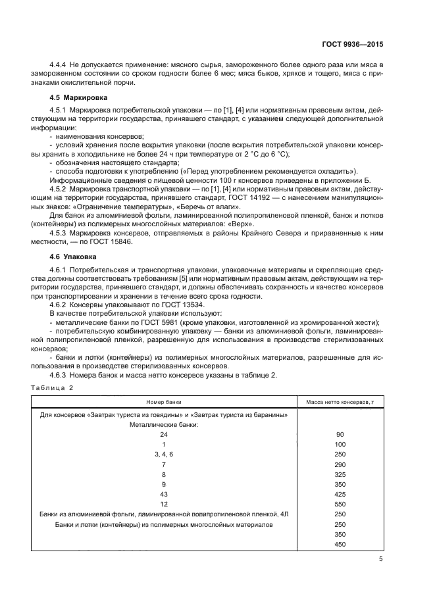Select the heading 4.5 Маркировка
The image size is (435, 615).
click(x=72, y=97)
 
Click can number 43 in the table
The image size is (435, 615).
click(x=165, y=493)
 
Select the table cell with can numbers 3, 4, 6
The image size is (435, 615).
click(x=164, y=455)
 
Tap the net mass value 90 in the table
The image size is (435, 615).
click(x=340, y=435)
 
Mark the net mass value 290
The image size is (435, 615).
click(x=340, y=464)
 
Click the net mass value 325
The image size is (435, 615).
click(x=340, y=474)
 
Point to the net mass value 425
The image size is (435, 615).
click(x=340, y=493)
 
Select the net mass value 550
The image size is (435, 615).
click(x=340, y=504)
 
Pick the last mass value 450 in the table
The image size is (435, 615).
click(x=340, y=544)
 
